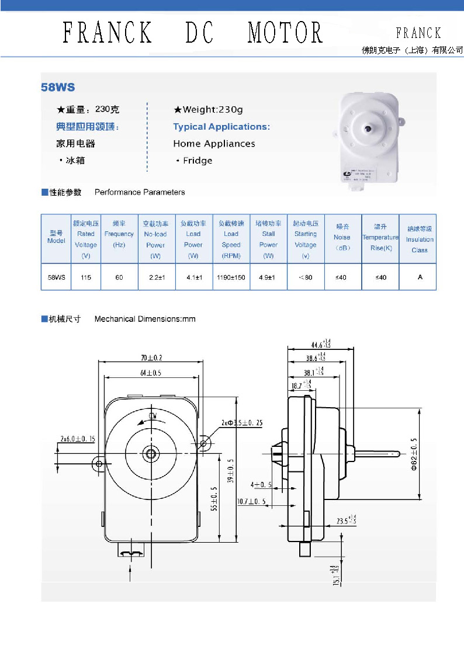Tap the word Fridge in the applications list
198,161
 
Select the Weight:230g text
213,109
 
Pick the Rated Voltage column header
86,239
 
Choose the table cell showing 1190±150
231,277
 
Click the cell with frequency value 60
119,277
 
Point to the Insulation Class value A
420,277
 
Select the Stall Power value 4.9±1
268,277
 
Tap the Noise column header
342,239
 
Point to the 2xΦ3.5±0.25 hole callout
242,422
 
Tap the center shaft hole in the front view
151,453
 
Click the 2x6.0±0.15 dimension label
78,438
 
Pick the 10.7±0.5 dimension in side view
251,501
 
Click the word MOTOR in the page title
285,33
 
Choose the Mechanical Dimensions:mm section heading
145,319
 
